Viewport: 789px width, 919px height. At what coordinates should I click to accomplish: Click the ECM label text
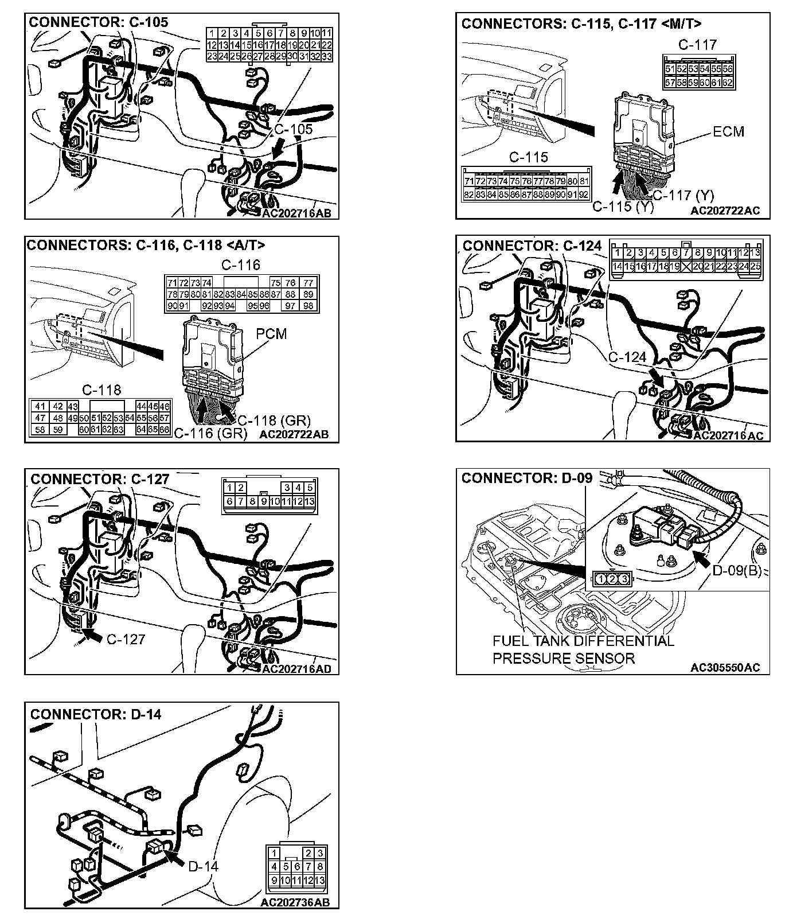tap(728, 131)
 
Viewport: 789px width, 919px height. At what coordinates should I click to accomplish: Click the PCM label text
tap(271, 333)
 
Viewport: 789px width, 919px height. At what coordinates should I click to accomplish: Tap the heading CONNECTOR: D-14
tap(96, 714)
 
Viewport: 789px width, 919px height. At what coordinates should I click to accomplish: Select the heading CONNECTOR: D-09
tap(526, 478)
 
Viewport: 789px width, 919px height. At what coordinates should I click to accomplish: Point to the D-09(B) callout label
tap(736, 571)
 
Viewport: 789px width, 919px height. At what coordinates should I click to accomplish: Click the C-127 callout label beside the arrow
tap(126, 639)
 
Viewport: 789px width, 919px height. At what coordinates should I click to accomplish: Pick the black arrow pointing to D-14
tap(173, 858)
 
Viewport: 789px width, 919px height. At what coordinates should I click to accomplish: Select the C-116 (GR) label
tap(210, 433)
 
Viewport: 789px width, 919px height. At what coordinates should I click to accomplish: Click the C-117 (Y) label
tap(684, 196)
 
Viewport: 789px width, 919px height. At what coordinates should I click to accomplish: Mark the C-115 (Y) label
tap(623, 207)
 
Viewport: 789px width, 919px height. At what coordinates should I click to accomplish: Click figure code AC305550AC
tap(725, 667)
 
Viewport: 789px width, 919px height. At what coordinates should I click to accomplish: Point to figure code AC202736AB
tap(295, 902)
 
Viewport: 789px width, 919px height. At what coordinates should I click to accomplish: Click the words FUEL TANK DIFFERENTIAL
tap(583, 641)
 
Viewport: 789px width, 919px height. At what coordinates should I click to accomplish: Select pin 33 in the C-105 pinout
tap(327, 56)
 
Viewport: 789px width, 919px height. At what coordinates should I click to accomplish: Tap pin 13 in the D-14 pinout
tap(320, 881)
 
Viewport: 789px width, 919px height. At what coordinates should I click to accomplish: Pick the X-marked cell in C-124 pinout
tap(686, 266)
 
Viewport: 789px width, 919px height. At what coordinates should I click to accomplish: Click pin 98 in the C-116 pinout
tap(308, 306)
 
